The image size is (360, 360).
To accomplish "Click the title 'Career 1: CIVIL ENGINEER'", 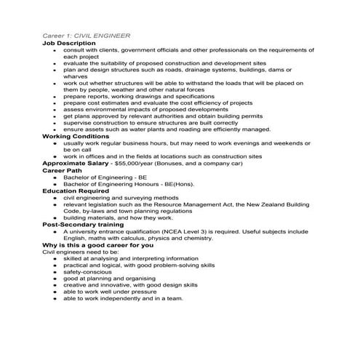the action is pyautogui.click(x=87, y=36).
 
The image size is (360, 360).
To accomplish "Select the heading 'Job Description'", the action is pyautogui.click(x=69, y=43).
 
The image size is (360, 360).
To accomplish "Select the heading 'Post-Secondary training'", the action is pyautogui.click(x=83, y=225).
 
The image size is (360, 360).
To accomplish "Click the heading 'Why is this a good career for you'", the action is pyautogui.click(x=97, y=244).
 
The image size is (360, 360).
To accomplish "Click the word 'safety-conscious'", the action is pyautogui.click(x=88, y=271).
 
